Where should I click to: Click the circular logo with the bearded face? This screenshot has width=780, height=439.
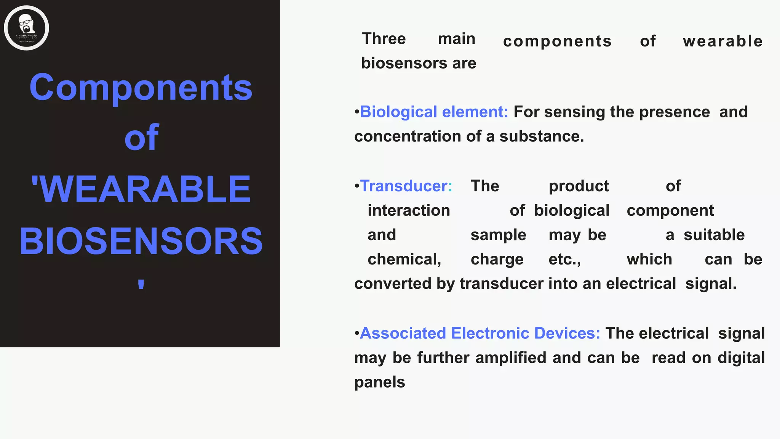pos(26,28)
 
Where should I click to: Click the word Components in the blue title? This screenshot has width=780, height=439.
pos(141,87)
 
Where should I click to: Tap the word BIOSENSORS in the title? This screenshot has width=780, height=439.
pos(141,241)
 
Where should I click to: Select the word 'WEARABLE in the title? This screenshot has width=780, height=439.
pos(141,189)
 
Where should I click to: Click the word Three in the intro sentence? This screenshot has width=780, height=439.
pos(384,39)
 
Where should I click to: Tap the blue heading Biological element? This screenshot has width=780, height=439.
pos(434,112)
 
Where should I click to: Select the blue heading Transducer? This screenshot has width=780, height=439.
pos(406,186)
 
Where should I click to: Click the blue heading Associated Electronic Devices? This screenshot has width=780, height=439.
pos(480,333)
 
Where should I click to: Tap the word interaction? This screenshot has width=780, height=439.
pos(409,210)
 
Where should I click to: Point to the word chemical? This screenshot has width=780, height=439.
pos(404,260)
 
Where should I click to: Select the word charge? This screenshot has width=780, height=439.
pos(497,260)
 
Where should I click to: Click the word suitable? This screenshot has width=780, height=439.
pos(714,235)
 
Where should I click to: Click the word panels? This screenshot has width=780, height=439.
pos(380,382)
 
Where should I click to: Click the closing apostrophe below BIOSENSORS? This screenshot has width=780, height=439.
pos(141,284)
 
